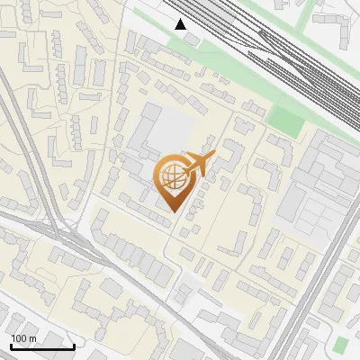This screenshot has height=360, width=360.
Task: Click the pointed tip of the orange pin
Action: (x=172, y=212)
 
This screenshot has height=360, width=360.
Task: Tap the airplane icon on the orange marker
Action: (x=197, y=164)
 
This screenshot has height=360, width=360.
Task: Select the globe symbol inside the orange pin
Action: (x=171, y=178)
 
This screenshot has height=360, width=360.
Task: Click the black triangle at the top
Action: (x=181, y=23)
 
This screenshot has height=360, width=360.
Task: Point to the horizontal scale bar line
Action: (x=42, y=346)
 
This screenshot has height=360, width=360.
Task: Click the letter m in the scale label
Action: (x=32, y=338)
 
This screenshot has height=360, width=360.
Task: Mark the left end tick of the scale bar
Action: (x=11, y=345)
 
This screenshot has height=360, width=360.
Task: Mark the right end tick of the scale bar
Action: (x=74, y=345)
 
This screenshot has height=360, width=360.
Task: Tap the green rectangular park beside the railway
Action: (x=286, y=121)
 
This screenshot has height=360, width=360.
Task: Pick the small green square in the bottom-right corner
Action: (x=340, y=345)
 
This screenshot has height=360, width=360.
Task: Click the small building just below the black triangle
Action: (x=191, y=40)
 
